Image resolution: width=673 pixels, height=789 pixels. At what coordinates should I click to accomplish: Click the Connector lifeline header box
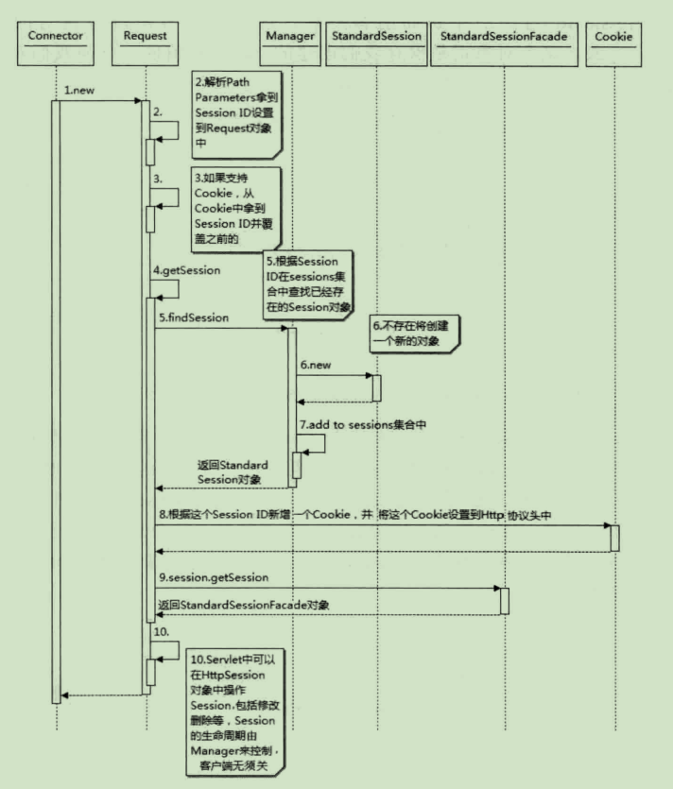pos(56,37)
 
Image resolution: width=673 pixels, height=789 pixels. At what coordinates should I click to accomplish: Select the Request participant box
pos(146,37)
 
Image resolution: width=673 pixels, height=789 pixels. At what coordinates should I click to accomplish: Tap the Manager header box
pos(289,37)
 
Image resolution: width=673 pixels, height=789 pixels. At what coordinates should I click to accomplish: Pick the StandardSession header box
pos(376,37)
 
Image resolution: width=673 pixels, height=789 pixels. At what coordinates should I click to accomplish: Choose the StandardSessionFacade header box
pos(505,37)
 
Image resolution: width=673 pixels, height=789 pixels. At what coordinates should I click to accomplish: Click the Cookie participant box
pos(614,37)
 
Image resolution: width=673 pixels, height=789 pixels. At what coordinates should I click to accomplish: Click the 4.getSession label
pos(187,270)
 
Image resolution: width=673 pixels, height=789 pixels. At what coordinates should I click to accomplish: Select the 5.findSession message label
pos(194,318)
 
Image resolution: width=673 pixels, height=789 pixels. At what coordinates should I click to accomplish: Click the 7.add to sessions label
pos(363,426)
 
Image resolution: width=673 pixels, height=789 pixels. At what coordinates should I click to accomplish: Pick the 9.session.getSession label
pos(214,576)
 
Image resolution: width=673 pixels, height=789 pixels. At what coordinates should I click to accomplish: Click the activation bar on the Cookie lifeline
pos(614,537)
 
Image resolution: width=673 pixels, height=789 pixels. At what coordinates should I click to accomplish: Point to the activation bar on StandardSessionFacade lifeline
pos(505,601)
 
